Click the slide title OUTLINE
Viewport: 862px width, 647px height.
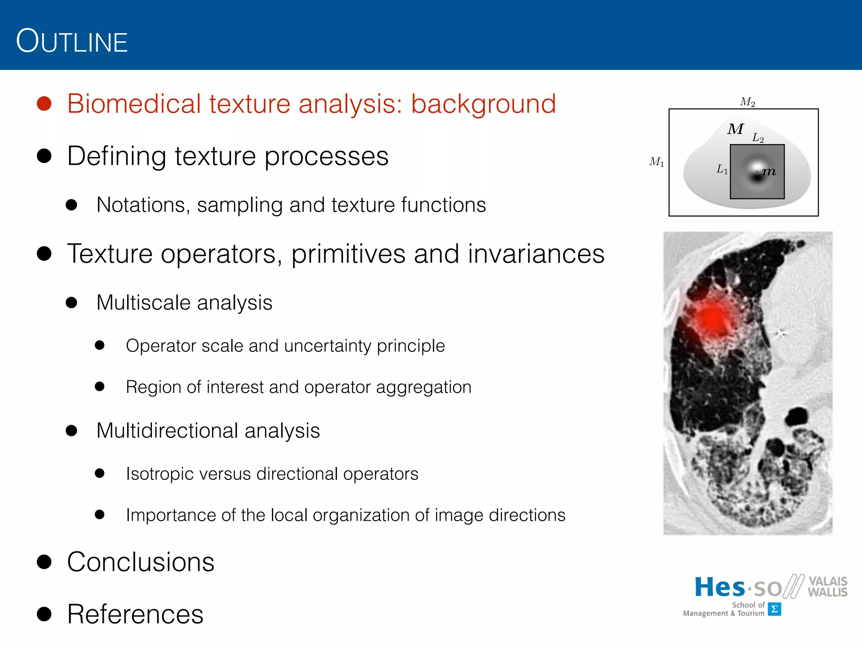coord(72,41)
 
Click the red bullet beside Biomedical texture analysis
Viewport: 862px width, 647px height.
coord(44,104)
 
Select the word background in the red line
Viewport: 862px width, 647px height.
coord(483,104)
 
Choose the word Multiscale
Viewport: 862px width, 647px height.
coord(142,303)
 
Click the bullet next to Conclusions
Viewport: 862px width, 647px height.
coord(44,561)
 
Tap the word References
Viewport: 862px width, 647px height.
coord(135,614)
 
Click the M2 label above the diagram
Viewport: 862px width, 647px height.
coord(748,102)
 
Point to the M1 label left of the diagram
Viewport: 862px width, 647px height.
coord(657,162)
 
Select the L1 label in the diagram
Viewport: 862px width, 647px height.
coord(722,169)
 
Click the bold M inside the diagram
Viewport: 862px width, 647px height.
coord(735,129)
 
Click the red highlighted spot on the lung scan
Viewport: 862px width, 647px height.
coord(712,318)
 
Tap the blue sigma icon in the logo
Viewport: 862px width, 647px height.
coord(774,609)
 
